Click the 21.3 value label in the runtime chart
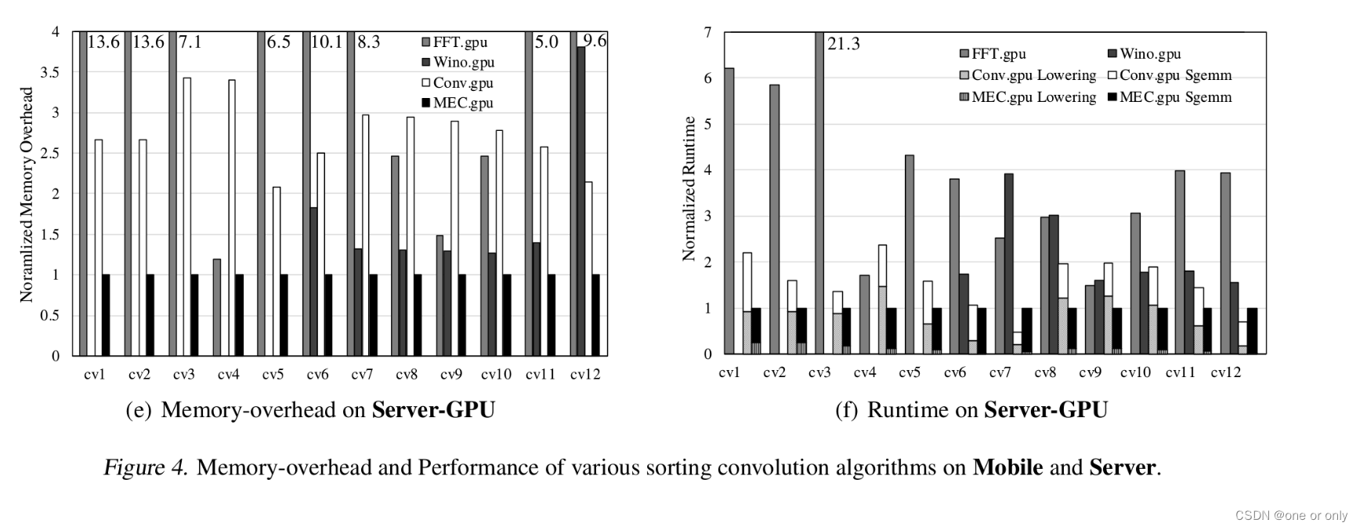[844, 44]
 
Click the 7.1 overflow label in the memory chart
[190, 42]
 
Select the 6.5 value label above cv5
[279, 42]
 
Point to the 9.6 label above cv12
[595, 41]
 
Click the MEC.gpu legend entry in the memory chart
[463, 103]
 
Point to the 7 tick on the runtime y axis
[707, 33]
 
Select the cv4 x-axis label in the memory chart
[228, 375]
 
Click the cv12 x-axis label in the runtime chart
[1226, 373]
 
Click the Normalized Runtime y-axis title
[689, 188]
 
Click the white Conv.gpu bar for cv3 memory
[186, 216]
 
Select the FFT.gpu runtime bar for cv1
[729, 212]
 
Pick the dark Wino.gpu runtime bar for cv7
[1008, 263]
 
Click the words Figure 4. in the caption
[146, 468]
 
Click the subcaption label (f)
[846, 410]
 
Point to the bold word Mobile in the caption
[1007, 468]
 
